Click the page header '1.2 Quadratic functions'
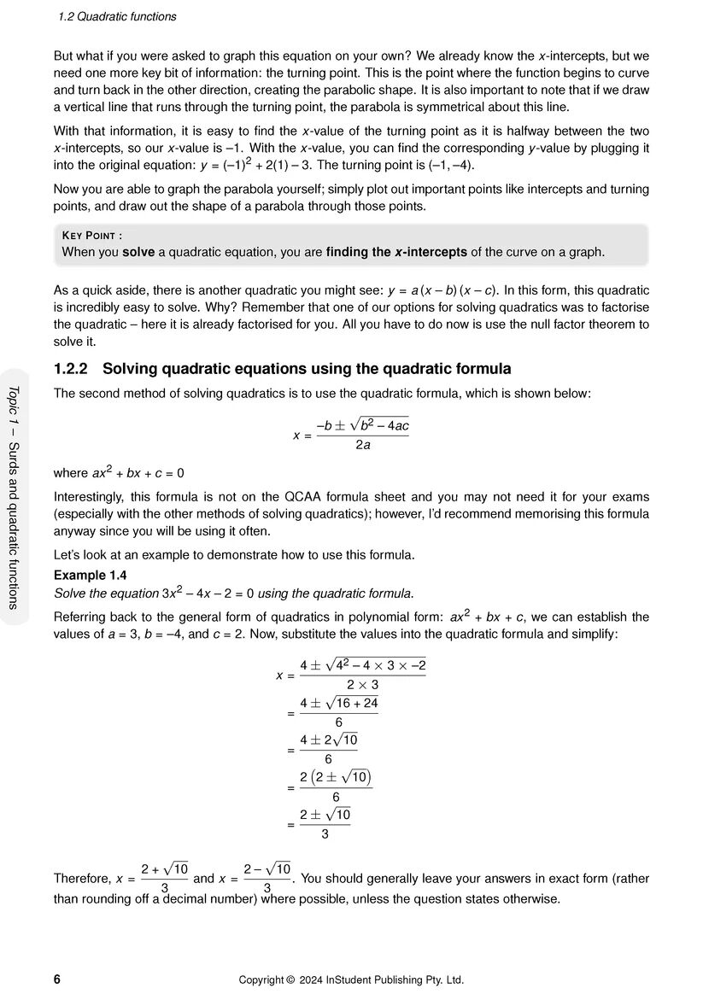coord(117,16)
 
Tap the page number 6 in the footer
coord(57,979)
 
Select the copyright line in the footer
coord(351,979)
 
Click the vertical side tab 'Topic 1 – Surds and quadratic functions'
coord(13,496)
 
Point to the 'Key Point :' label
coord(92,236)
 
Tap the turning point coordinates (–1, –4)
coord(448,165)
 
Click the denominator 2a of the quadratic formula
coord(362,445)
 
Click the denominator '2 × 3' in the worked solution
coord(362,684)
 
